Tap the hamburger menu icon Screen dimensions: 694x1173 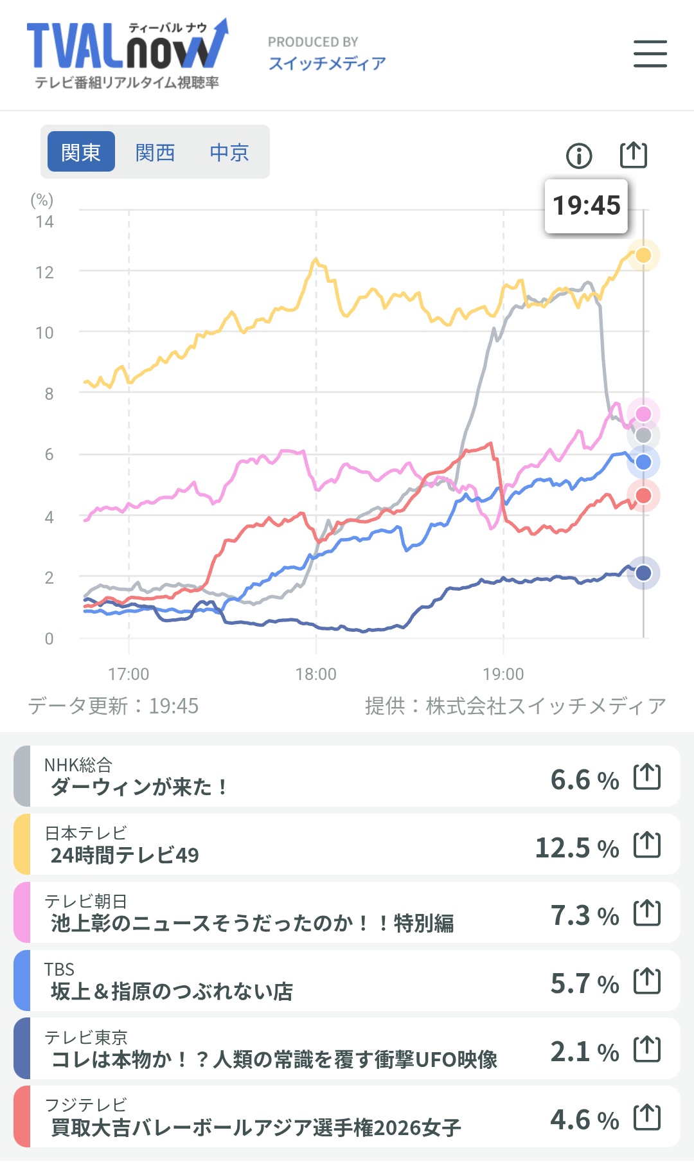point(650,53)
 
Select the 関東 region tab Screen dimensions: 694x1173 point(81,152)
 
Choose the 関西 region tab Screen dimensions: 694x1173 point(155,152)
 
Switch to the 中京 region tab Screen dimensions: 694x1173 point(229,152)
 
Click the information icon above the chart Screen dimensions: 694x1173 point(579,156)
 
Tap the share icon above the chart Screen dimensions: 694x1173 point(634,154)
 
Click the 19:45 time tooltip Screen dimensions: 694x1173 point(586,206)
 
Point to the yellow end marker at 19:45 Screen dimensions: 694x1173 point(643,255)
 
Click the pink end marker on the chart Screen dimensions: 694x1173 point(643,414)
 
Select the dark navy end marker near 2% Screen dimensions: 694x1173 point(643,573)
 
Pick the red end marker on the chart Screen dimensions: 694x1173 point(643,496)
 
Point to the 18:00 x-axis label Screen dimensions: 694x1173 point(316,674)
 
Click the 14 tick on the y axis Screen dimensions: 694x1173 point(44,222)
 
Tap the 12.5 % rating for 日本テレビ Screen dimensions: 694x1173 point(577,848)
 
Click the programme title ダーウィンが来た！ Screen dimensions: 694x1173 point(139,787)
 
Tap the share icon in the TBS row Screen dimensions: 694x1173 point(647,981)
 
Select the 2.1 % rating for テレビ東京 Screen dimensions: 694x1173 point(585,1052)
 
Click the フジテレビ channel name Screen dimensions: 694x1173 point(86,1105)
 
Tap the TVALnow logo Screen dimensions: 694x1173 point(127,54)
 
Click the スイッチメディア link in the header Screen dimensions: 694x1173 point(327,63)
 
